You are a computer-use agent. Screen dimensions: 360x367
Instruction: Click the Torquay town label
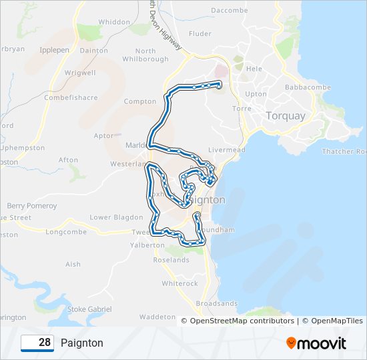(285, 115)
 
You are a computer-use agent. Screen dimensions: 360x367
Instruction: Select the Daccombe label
(229, 11)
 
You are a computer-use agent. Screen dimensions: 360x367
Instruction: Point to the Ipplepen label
(55, 50)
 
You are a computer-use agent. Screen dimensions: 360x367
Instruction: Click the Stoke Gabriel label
(90, 309)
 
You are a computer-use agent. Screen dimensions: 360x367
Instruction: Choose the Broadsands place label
(217, 303)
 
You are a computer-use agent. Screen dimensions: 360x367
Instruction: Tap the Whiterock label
(179, 283)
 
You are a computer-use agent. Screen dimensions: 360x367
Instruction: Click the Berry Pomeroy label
(32, 206)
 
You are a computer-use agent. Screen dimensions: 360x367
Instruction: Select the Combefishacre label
(71, 97)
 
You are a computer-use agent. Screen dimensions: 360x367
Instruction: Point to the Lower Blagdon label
(116, 217)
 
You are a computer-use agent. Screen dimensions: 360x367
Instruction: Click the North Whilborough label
(145, 55)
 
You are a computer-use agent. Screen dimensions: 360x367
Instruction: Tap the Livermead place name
(227, 150)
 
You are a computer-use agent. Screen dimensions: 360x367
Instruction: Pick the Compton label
(140, 101)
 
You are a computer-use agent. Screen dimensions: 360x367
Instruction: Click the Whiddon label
(114, 22)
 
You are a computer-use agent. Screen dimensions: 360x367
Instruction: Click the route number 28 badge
(37, 343)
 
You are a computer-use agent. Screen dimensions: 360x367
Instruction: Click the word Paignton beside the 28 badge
(82, 343)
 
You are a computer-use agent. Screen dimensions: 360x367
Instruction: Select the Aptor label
(104, 135)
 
